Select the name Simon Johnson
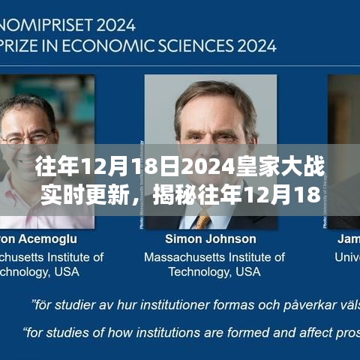(x=210, y=239)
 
